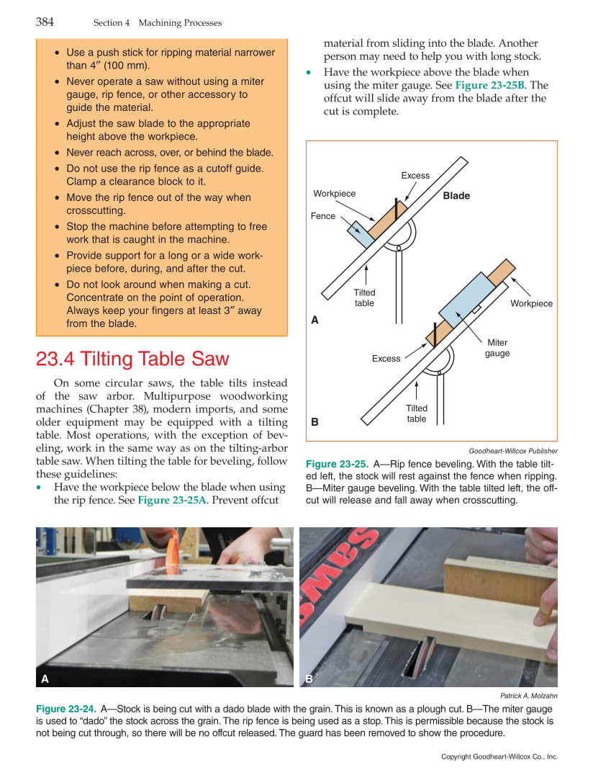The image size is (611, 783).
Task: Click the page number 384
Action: click(45, 22)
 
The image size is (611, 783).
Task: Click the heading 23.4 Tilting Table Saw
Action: click(132, 359)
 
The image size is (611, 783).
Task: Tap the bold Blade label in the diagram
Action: click(456, 196)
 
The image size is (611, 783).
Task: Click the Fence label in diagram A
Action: click(322, 216)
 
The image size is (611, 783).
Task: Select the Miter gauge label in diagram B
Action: click(497, 348)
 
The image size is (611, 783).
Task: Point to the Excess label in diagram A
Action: click(415, 176)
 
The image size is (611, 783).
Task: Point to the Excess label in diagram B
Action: click(386, 359)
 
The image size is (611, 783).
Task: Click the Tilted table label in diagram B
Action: click(416, 413)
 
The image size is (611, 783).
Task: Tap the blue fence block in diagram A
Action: click(361, 234)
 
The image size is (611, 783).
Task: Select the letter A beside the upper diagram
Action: click(314, 320)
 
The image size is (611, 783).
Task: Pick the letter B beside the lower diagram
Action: click(314, 421)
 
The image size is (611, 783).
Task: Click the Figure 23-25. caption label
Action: click(337, 464)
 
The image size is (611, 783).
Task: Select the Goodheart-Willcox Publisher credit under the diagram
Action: click(512, 451)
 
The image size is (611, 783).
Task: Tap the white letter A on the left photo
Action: click(45, 679)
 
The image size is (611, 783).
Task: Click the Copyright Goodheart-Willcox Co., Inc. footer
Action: click(499, 757)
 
